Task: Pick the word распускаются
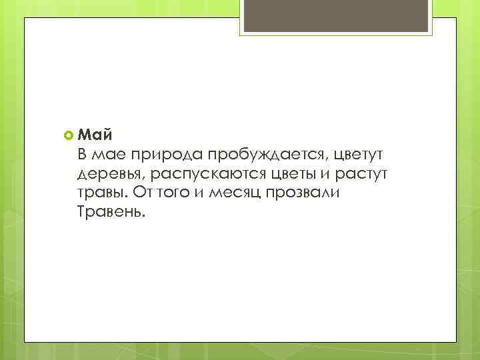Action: pos(211,175)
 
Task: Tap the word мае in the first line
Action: pos(108,156)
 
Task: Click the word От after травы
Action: pos(143,193)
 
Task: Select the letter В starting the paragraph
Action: pos(82,155)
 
